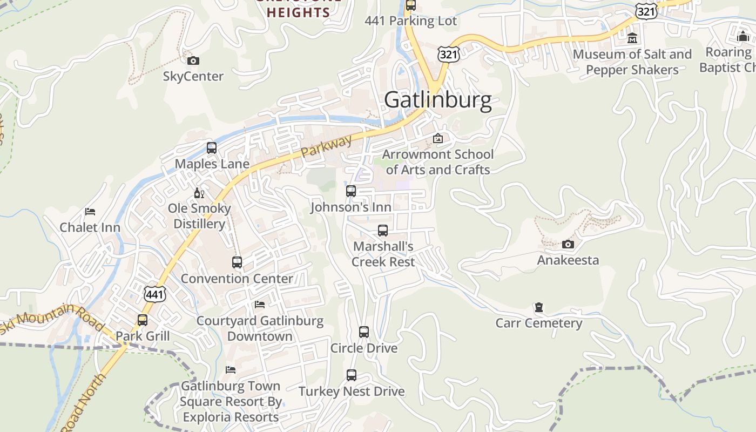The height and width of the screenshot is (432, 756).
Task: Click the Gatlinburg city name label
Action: click(x=438, y=100)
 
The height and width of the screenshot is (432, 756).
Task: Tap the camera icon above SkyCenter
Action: click(x=193, y=60)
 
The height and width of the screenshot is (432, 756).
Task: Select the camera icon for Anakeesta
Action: click(x=568, y=244)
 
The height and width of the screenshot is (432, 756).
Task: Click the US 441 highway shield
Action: click(x=154, y=294)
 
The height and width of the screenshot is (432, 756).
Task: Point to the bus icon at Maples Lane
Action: click(x=212, y=148)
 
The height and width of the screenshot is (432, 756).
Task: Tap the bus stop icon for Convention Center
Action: click(x=237, y=262)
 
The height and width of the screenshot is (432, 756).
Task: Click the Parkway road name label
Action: click(x=326, y=146)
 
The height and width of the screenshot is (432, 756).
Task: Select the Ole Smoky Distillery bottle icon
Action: click(x=199, y=193)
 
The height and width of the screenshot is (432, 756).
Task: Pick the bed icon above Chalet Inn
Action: click(x=90, y=212)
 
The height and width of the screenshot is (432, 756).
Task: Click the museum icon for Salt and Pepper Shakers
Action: click(x=632, y=38)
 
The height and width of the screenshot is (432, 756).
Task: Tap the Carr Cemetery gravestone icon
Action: click(x=538, y=307)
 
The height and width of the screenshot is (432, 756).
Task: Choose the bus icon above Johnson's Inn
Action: click(x=351, y=191)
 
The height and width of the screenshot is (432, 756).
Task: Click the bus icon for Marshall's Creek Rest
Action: click(x=383, y=231)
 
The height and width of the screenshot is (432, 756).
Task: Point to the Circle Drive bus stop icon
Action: click(x=364, y=332)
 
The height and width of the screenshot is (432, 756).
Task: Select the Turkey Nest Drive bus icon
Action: click(x=352, y=375)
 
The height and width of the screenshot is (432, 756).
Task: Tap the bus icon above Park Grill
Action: click(x=143, y=320)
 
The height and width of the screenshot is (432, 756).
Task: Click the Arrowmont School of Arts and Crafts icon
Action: click(x=438, y=139)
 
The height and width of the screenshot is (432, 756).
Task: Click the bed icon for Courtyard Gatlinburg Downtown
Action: click(x=260, y=305)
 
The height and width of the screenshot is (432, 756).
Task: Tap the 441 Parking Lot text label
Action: click(x=410, y=21)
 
